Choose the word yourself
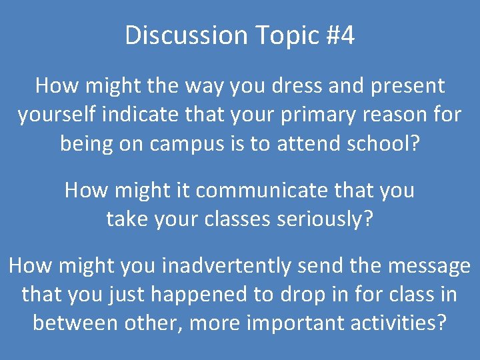(x=57, y=115)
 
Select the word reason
(x=393, y=115)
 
